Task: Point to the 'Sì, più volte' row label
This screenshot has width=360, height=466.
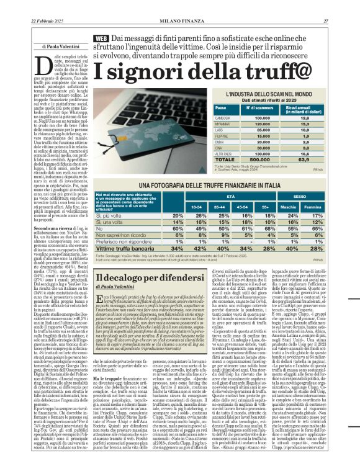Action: pos(110,215)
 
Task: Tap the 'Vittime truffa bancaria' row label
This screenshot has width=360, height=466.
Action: pos(123,248)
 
